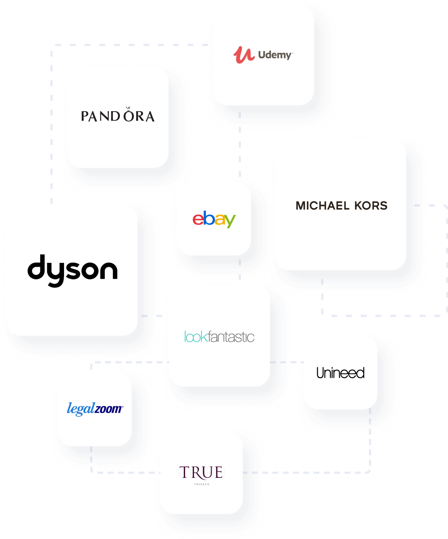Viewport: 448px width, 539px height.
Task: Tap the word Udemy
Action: point(275,55)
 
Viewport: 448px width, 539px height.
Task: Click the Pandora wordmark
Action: point(118,116)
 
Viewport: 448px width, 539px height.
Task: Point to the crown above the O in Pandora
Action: point(128,108)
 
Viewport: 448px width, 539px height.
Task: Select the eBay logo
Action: point(214,219)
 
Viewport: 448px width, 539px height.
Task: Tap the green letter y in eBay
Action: point(230,221)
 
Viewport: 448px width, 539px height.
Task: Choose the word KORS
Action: point(371,206)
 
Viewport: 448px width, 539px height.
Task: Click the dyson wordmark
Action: point(72,270)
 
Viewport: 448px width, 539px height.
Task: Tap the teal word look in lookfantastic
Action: point(196,337)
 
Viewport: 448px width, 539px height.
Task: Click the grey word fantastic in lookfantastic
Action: point(231,337)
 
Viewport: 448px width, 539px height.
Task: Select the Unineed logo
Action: point(341,373)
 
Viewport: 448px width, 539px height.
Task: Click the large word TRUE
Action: point(201,472)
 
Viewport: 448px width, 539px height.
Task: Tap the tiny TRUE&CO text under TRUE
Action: point(202,484)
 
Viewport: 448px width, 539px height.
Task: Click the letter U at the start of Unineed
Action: point(320,373)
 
